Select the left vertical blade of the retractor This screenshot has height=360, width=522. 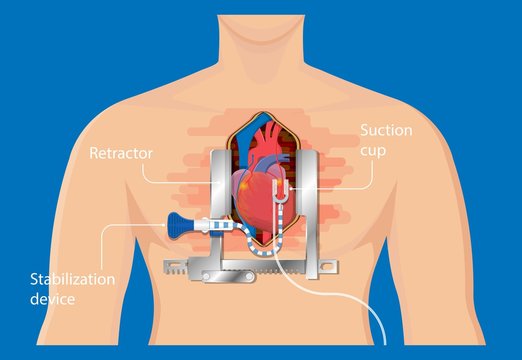click(x=221, y=200)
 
